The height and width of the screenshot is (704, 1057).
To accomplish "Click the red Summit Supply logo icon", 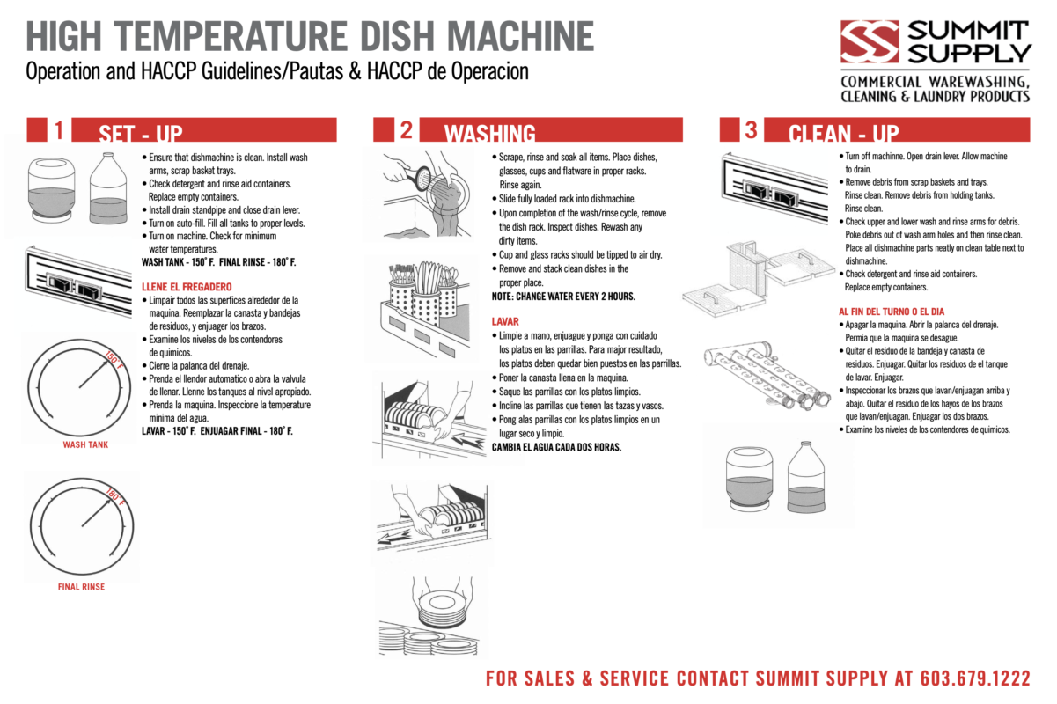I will click(869, 42).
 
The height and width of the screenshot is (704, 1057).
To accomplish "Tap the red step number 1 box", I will click(48, 130).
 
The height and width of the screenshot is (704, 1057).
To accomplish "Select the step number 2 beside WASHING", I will click(395, 130).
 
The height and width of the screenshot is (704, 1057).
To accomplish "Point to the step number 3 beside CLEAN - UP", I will click(740, 130).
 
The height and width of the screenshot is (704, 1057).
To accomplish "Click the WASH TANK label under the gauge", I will click(85, 445).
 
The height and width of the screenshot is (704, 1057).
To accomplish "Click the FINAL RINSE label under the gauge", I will click(81, 586).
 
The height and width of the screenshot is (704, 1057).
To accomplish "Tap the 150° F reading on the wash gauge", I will click(115, 358).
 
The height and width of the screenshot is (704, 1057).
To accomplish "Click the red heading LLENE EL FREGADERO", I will click(187, 287).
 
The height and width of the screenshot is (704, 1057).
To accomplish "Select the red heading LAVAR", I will click(505, 322).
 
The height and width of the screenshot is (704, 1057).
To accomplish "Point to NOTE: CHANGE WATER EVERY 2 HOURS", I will click(563, 297).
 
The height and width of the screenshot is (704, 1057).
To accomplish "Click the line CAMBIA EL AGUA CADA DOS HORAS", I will click(556, 447).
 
